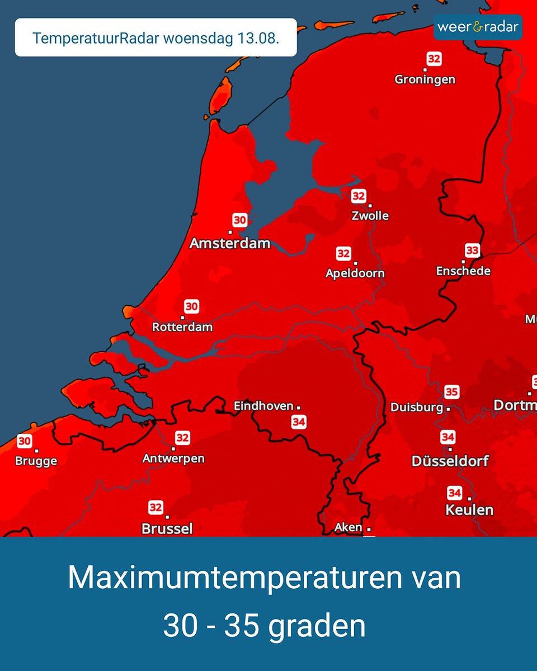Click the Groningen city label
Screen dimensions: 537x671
425,79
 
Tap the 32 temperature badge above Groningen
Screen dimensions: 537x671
434,59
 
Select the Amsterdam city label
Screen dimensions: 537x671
230,243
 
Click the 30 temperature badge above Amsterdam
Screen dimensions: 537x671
239,220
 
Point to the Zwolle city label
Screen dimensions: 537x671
370,216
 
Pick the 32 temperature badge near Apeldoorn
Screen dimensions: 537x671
343,254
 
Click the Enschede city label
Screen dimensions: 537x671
463,271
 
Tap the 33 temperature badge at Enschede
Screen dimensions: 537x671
472,250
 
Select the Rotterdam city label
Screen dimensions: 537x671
182,327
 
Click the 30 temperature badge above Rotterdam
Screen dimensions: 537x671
191,306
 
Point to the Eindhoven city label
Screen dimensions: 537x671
263,407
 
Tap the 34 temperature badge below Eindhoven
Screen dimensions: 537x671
299,422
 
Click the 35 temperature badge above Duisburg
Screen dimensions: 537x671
451,391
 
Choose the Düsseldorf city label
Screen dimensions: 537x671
450,461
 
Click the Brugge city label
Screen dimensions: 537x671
37,461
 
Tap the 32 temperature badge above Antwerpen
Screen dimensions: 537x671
182,437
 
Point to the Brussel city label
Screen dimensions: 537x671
167,528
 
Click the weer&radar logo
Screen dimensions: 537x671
478,27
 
